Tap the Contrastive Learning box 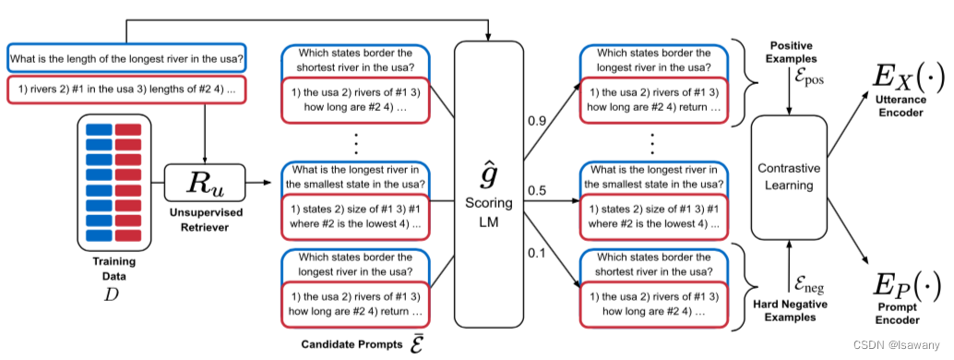click(x=787, y=176)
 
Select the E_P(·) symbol click(x=906, y=286)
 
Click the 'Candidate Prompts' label click(x=352, y=344)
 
